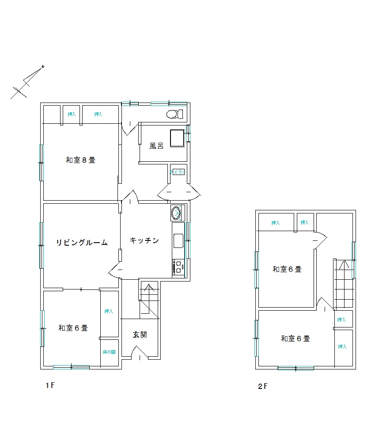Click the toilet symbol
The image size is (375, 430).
tap(174, 114)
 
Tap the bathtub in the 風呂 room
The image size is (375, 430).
tap(177, 138)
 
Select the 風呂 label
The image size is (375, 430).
tap(156, 146)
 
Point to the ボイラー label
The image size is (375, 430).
tap(177, 172)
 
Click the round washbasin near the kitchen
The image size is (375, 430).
tap(176, 213)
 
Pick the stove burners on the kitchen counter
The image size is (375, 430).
tap(178, 267)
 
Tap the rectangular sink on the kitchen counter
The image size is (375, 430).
tap(178, 241)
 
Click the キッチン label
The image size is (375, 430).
tap(144, 240)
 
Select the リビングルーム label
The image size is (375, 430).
tap(82, 242)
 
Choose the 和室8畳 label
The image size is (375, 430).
tap(80, 160)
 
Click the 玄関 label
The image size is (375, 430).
tap(140, 335)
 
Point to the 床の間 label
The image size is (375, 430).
tap(109, 352)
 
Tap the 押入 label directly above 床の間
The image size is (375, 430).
tap(109, 312)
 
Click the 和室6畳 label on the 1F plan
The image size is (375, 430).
tap(73, 328)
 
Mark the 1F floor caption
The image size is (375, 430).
tap(49, 385)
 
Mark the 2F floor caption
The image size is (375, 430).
tap(263, 386)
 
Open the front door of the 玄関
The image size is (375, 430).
tap(139, 352)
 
